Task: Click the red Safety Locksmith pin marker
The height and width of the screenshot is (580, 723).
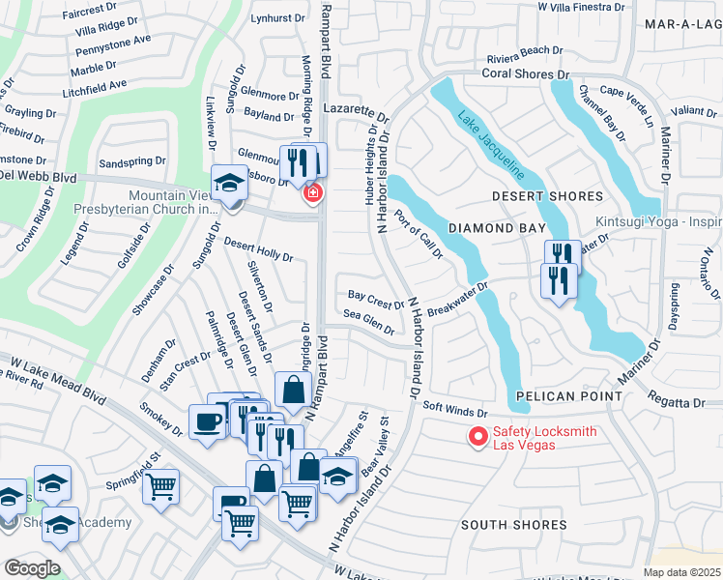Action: [477, 437]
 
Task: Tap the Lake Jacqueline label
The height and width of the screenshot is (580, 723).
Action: [492, 143]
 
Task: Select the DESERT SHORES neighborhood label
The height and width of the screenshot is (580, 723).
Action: [547, 196]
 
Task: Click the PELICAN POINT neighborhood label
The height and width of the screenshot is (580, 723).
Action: [565, 397]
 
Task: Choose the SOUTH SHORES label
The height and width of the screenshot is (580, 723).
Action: [513, 525]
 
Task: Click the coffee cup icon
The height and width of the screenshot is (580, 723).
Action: [207, 421]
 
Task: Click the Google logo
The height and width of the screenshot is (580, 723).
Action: [32, 567]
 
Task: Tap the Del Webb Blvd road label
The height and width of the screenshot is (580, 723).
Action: [38, 178]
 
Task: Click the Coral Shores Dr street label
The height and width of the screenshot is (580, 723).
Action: [526, 73]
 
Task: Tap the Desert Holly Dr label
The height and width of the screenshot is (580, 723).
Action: [258, 249]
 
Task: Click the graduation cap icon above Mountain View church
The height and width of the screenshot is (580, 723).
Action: [229, 182]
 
